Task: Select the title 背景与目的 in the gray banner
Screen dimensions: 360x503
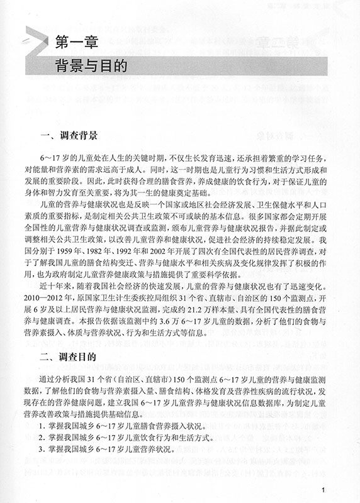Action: [x=91, y=65]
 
